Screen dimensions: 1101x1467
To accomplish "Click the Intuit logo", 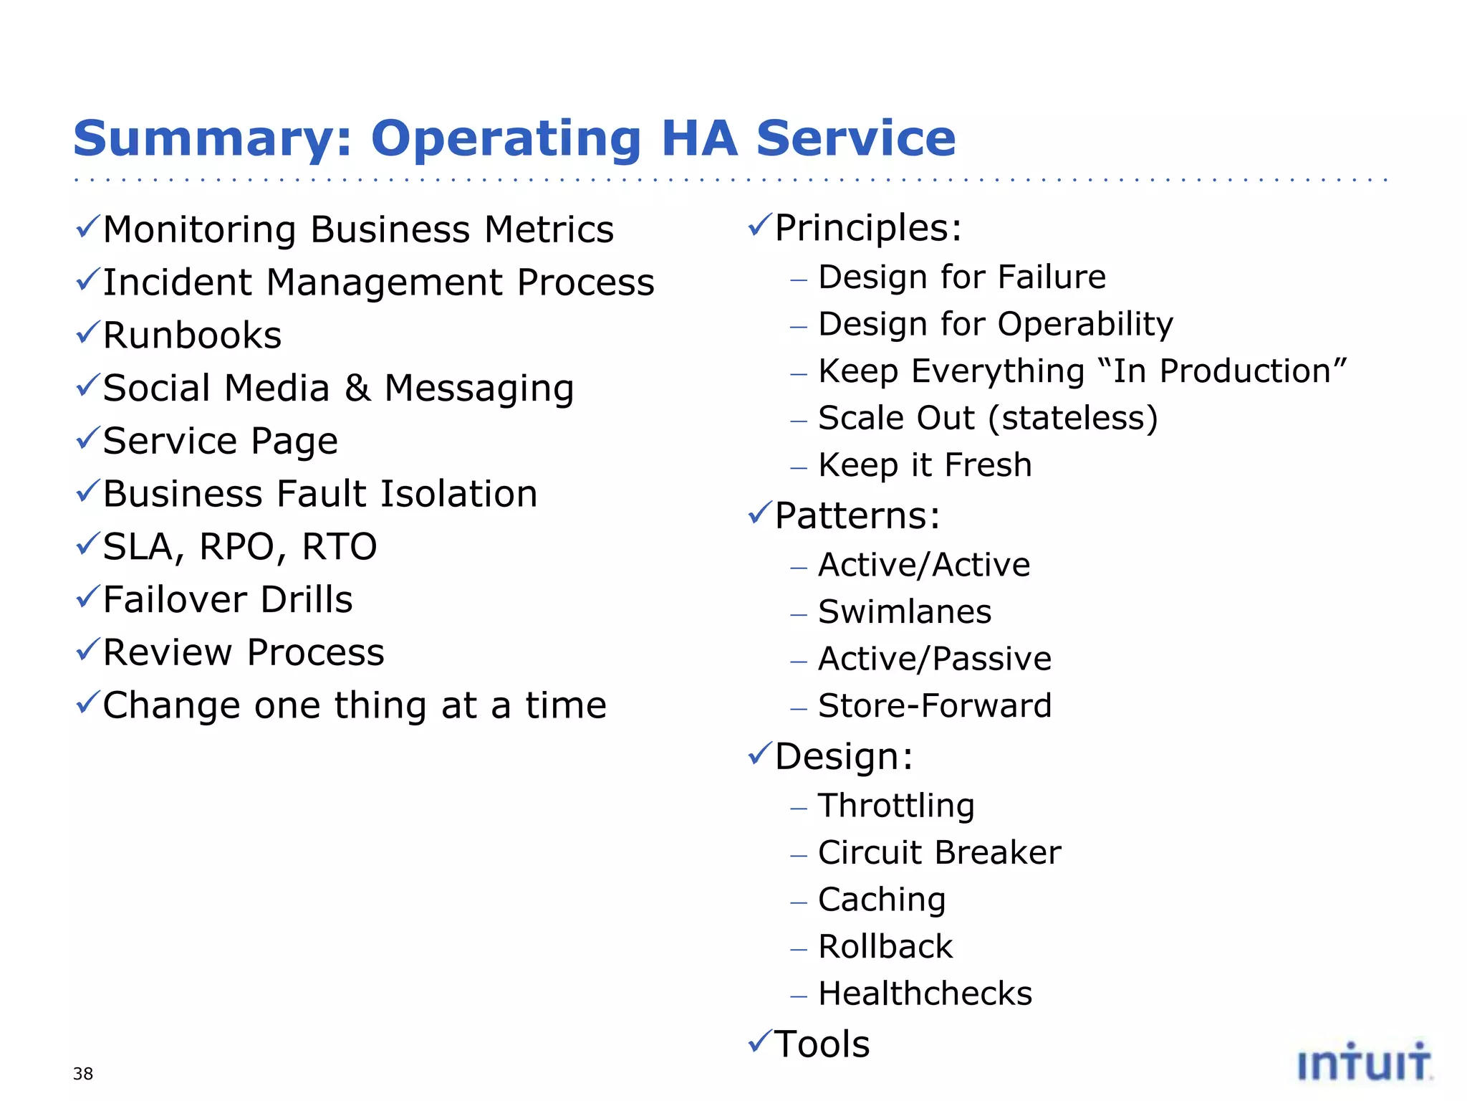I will (x=1364, y=1062).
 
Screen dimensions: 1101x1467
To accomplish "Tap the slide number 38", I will (x=83, y=1074).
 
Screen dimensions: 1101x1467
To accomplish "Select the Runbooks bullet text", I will (x=192, y=335).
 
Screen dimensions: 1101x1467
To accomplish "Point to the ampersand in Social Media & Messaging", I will (x=357, y=388).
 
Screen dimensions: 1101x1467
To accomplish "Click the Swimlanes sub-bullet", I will (x=905, y=612).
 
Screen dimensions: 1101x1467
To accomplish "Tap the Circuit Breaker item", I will (x=939, y=853).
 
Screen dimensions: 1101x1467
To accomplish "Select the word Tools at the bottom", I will (x=822, y=1044).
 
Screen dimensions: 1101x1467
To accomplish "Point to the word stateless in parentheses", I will (x=1072, y=419).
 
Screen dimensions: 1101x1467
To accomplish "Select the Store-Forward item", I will (x=935, y=706).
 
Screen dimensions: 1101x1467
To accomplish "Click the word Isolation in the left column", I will (x=458, y=494).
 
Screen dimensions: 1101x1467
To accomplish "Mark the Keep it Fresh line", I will (x=925, y=465).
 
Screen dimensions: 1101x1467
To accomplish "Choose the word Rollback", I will (x=885, y=947).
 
